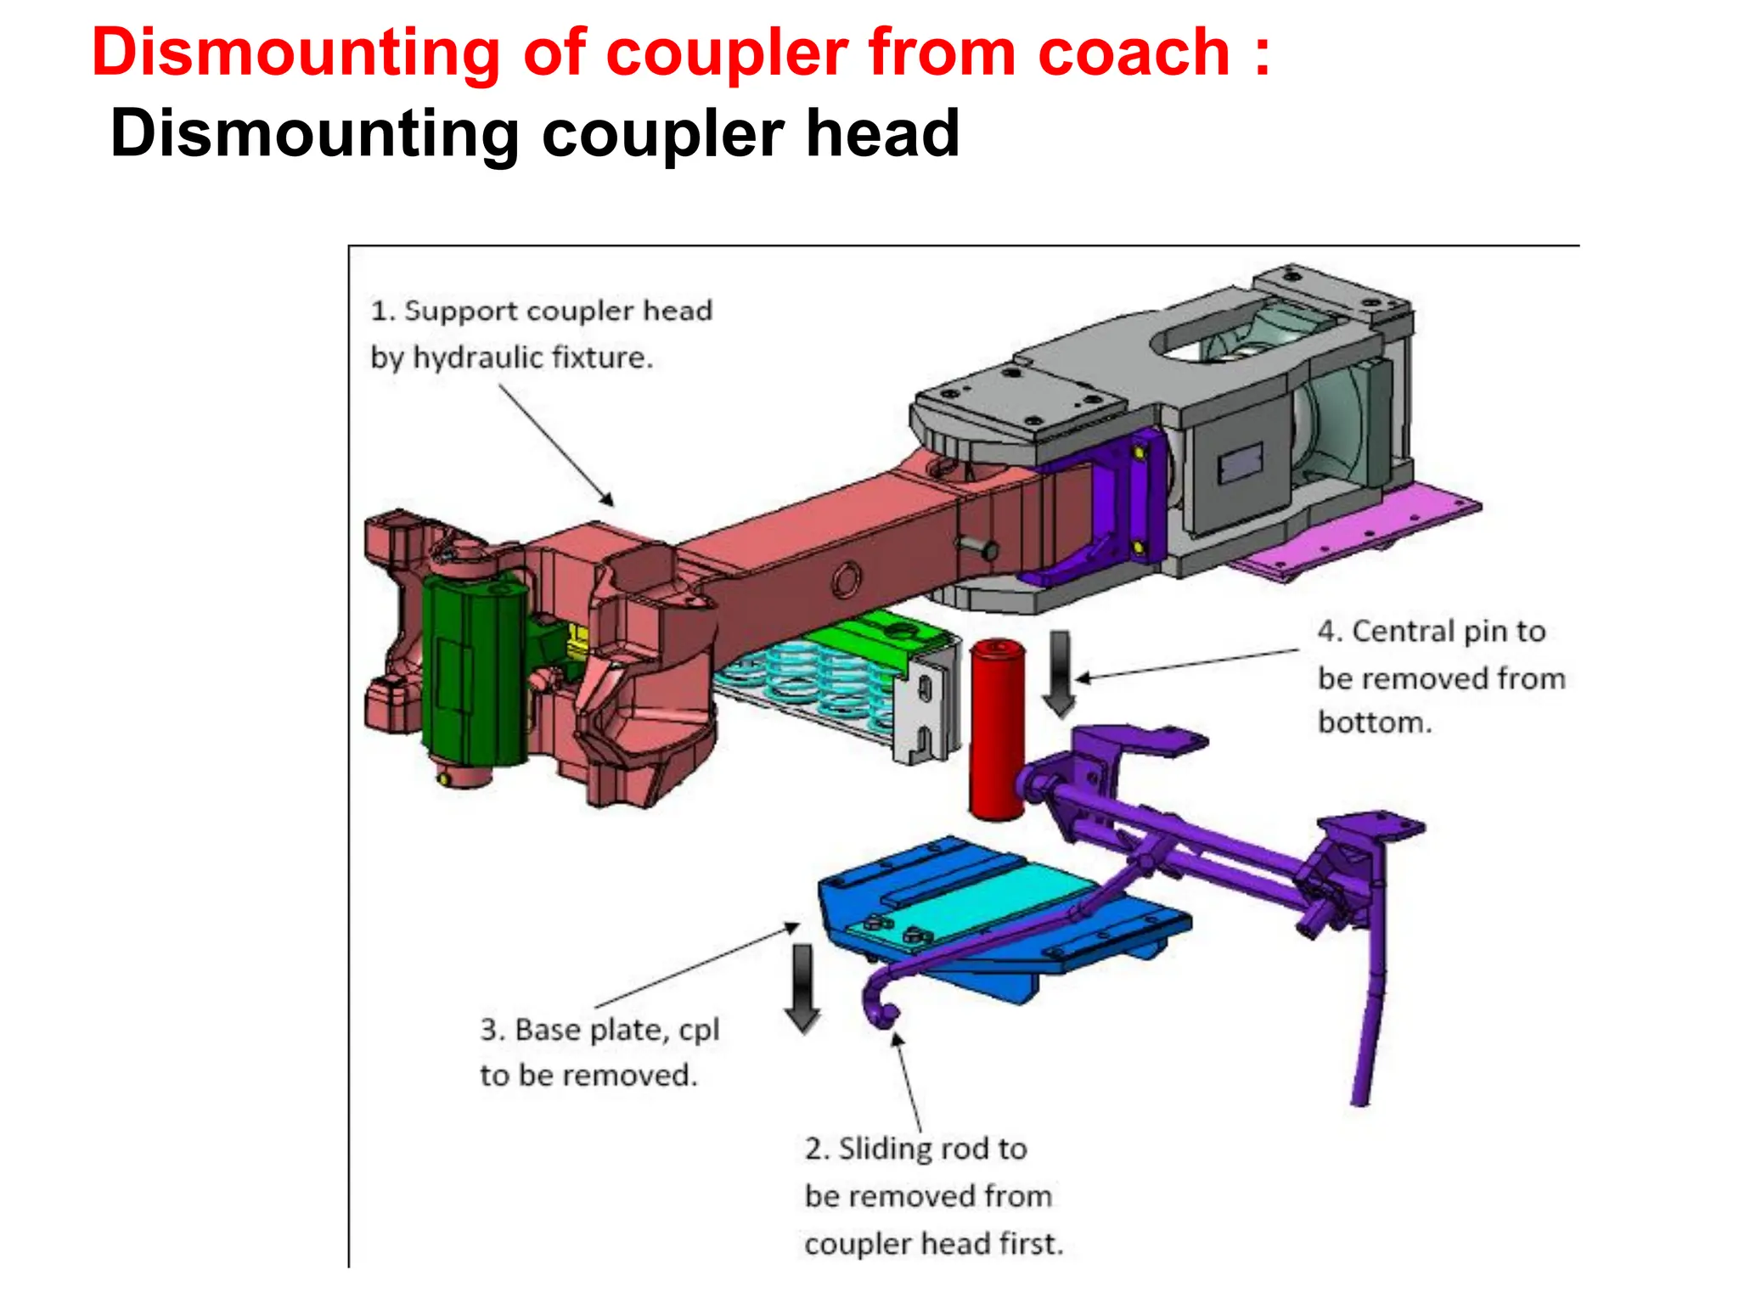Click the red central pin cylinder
(996, 730)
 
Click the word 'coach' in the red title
(1133, 53)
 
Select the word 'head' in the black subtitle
(882, 134)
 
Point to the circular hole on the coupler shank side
(846, 582)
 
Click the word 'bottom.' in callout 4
(1374, 722)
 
